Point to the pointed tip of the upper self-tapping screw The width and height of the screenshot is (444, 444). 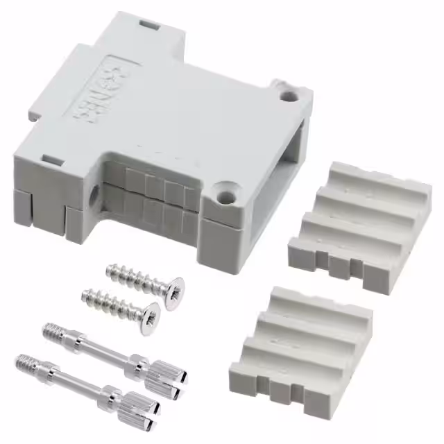coord(110,268)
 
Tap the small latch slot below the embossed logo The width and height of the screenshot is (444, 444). coord(51,162)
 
